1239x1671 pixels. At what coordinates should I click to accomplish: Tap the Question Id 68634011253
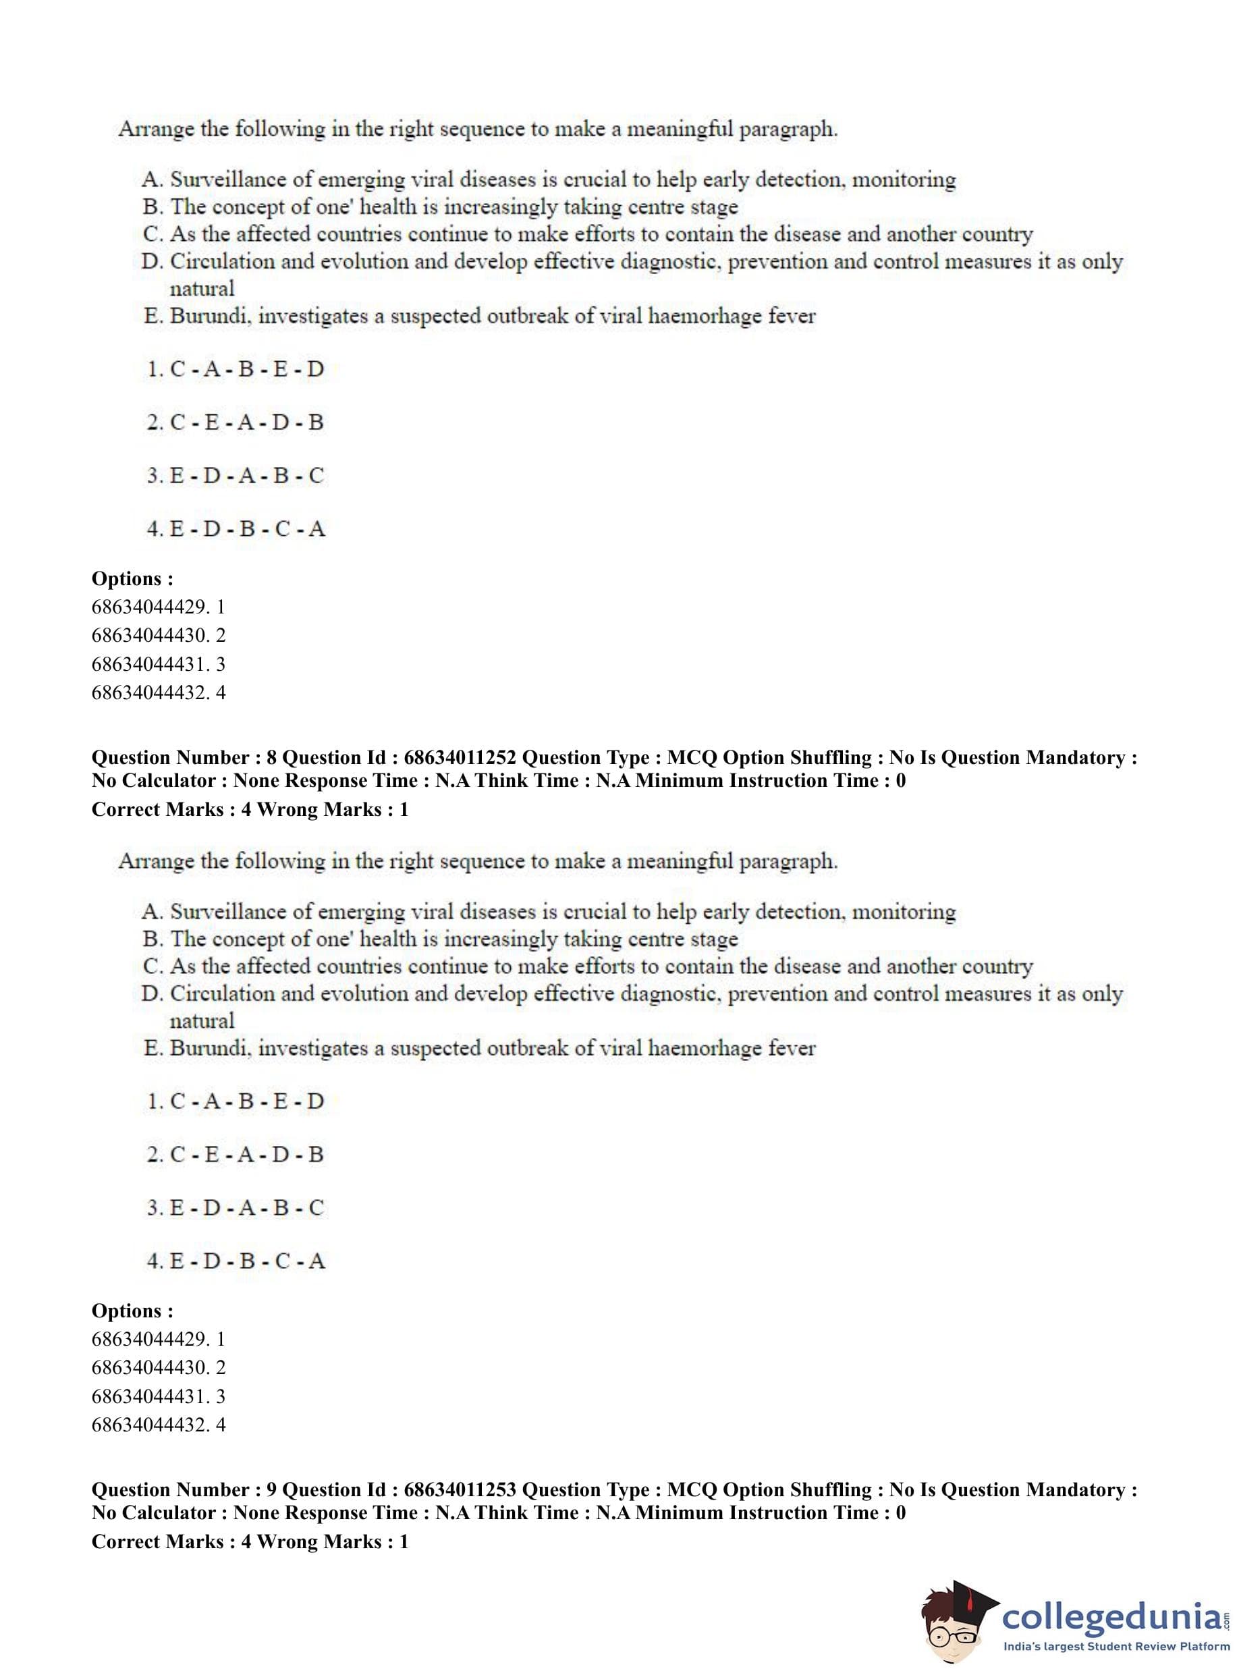point(459,1489)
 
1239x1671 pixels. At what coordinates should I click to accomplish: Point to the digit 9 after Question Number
point(271,1489)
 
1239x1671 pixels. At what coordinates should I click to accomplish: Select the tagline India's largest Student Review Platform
point(1117,1647)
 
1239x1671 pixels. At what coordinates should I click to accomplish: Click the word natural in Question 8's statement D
point(202,1020)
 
